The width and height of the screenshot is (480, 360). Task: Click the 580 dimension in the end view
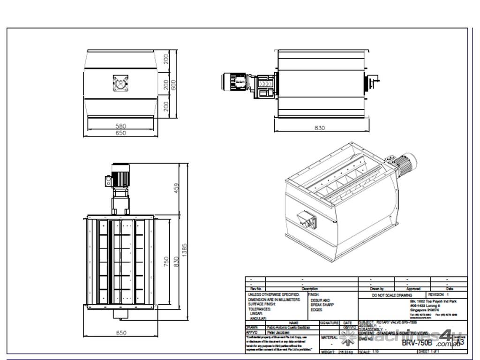(120, 126)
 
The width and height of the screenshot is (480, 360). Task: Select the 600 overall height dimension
(173, 84)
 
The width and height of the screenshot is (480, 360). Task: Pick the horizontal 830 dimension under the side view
(319, 128)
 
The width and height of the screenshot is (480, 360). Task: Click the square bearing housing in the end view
(120, 84)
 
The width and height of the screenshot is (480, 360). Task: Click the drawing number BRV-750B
(417, 342)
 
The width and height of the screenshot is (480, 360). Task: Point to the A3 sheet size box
(460, 342)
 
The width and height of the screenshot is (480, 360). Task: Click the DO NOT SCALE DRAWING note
(391, 296)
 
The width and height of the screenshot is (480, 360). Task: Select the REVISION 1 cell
(439, 294)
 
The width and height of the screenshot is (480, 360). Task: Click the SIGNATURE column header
(329, 323)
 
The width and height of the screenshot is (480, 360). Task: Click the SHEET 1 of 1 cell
(429, 351)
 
